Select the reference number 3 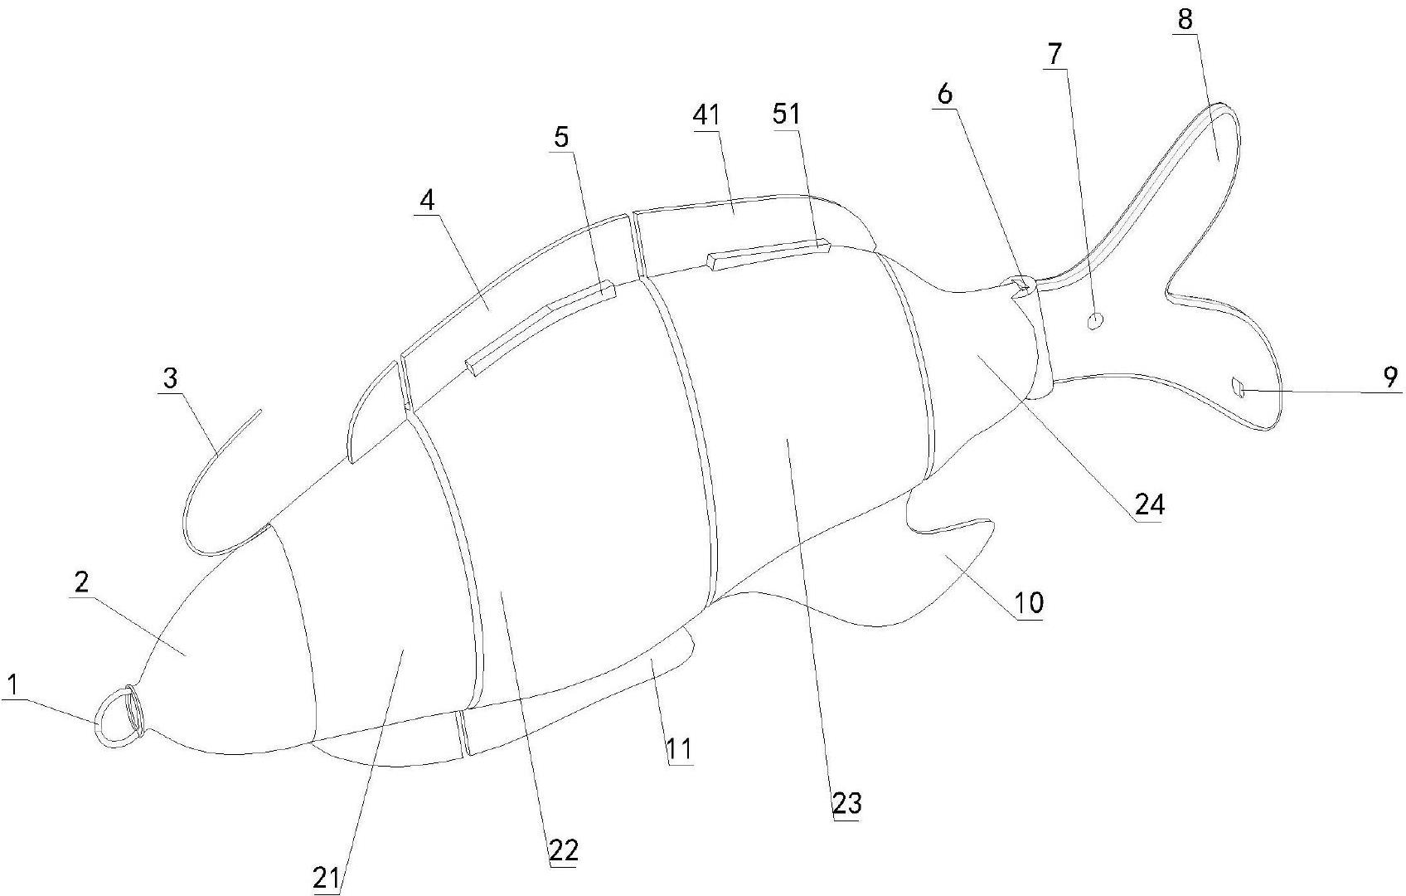tap(170, 378)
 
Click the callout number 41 tap(707, 115)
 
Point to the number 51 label tap(787, 114)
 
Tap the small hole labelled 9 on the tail tap(1239, 387)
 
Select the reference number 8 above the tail tap(1185, 19)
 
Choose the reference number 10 tap(1029, 602)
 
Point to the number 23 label tap(846, 802)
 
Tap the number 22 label tap(563, 850)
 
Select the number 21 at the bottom tap(326, 879)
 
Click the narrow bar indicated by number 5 tap(539, 329)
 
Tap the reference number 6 tap(945, 94)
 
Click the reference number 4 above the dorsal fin tap(427, 201)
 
